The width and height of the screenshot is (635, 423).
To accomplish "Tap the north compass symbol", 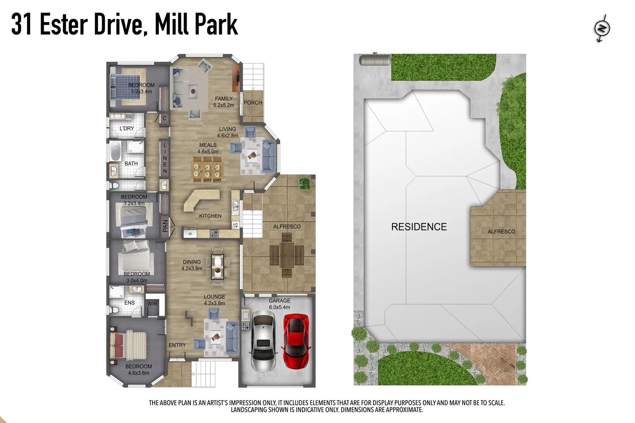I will tap(602, 28).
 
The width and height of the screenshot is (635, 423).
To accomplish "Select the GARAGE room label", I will tap(279, 301).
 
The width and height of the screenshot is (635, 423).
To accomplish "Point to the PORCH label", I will tap(253, 103).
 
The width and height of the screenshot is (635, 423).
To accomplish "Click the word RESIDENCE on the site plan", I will tap(419, 227).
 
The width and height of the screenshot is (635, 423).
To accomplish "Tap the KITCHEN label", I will tap(210, 216).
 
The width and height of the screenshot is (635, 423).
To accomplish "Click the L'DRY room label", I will tap(127, 128).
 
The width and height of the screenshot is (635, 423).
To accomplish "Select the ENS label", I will tap(129, 303).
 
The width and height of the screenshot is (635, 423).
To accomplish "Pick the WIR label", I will tap(152, 304).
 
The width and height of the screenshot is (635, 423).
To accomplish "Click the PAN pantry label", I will tap(165, 226).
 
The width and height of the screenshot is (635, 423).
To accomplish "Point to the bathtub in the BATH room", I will tap(115, 151).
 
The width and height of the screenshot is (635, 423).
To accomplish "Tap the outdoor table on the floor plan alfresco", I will tap(287, 255).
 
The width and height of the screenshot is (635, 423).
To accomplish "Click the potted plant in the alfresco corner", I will tap(304, 183).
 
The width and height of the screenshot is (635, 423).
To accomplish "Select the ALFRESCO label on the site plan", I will tap(501, 231).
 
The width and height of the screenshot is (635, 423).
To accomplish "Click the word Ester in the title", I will tap(63, 24).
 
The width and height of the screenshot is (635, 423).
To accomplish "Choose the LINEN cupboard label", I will tap(165, 158).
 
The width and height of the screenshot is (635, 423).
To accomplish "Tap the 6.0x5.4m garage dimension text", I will tap(279, 307).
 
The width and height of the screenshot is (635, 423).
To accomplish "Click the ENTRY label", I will tap(177, 345).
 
